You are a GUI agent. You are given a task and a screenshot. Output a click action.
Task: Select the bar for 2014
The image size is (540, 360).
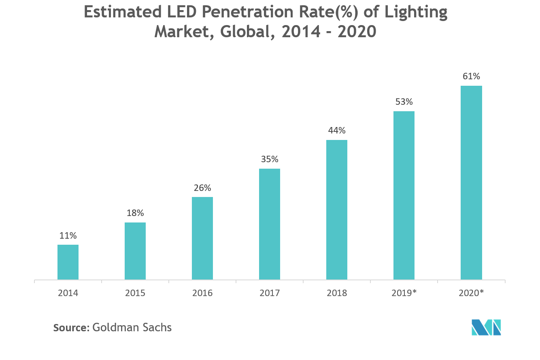point(68,262)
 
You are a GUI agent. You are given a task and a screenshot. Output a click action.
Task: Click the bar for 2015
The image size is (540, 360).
point(135,251)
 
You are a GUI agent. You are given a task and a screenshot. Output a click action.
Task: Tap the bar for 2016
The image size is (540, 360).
point(202,238)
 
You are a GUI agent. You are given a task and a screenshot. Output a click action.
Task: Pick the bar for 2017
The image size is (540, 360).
point(270,224)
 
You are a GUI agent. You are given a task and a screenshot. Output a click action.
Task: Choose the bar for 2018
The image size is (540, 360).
point(337,210)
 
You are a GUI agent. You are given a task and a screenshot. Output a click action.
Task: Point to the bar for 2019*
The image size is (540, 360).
point(404,195)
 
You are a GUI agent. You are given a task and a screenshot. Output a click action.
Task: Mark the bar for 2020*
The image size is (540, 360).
point(471,182)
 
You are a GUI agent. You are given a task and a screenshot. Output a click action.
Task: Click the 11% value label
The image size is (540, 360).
point(68,235)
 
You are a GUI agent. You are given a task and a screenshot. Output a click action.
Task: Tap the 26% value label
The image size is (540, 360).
point(202,188)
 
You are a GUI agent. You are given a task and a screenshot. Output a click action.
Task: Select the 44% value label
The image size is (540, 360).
point(337,131)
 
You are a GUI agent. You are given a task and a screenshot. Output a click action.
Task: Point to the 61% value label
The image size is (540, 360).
point(471,76)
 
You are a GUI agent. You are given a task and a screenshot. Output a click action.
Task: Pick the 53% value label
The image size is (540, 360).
point(404,102)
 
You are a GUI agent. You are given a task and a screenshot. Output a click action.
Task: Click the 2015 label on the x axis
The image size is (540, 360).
point(135,293)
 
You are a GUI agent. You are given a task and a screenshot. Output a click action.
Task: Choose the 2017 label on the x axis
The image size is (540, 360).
point(270,293)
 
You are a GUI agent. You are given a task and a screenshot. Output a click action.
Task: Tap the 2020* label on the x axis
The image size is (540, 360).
point(471,293)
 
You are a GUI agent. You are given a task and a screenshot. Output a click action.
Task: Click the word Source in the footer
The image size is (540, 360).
point(70,327)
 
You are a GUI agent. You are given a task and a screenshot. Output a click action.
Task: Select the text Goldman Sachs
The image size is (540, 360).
point(132,327)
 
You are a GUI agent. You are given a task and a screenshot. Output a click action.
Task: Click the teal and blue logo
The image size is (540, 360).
point(487,327)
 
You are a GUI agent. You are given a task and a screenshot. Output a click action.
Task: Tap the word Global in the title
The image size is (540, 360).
point(245,31)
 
